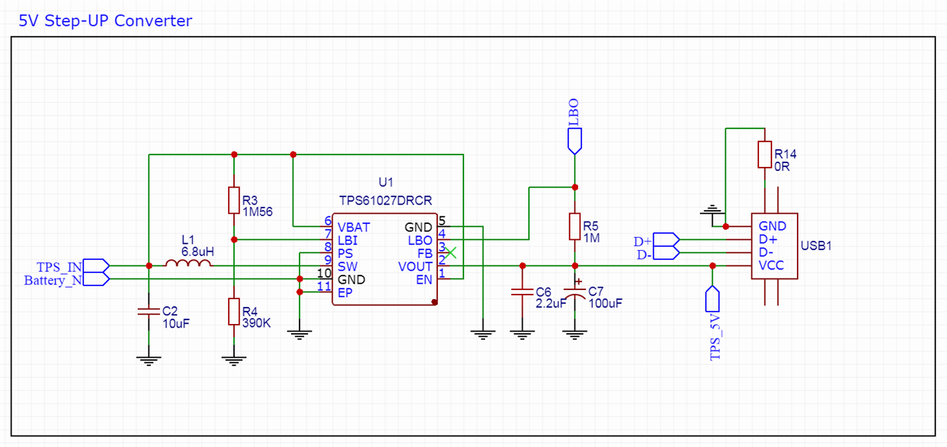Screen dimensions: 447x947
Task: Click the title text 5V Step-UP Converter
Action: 105,21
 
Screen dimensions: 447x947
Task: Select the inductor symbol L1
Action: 189,265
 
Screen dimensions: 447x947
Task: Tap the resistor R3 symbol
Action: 233,199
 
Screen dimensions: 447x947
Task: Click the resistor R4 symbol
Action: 233,312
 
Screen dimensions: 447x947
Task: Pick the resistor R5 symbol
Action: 574,226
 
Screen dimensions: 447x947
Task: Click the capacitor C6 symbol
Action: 522,292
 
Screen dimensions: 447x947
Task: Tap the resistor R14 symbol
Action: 764,154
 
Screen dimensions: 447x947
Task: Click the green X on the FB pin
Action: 451,252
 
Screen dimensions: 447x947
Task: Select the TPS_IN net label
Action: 60,266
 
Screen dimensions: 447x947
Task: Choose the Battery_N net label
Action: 53,280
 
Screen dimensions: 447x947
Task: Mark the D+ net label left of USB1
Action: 642,241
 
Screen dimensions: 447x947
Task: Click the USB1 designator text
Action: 816,246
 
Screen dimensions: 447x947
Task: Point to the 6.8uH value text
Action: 197,251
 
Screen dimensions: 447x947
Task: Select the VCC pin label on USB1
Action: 772,265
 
